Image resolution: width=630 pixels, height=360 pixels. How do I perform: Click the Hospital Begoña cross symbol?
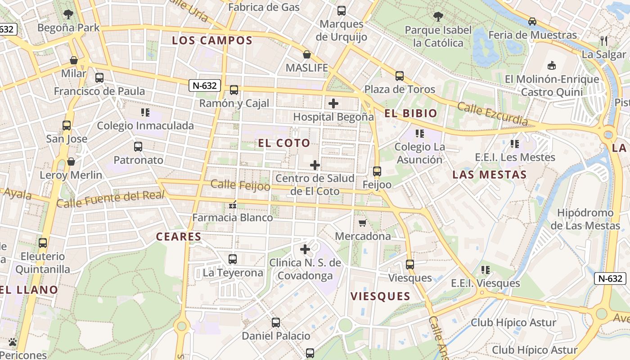click(x=333, y=104)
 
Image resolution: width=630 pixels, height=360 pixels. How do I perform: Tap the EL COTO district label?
click(x=284, y=143)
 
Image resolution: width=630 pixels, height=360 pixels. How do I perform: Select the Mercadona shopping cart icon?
click(x=363, y=223)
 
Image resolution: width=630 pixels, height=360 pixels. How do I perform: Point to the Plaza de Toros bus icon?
click(x=399, y=76)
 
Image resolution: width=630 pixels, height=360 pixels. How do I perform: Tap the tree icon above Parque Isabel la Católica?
click(x=438, y=17)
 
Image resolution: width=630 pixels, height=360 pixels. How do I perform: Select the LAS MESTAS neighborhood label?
click(x=489, y=175)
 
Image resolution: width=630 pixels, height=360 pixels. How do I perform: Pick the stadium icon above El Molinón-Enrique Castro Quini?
click(x=552, y=66)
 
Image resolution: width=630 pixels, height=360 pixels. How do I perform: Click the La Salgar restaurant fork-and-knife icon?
click(x=604, y=41)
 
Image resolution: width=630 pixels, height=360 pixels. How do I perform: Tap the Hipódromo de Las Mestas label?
click(x=585, y=219)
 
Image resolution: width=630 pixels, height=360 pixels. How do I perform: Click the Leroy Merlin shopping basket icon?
click(x=71, y=162)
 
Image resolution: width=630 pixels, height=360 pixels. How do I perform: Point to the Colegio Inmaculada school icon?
click(x=145, y=112)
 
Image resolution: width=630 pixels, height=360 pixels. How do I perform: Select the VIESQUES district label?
click(x=380, y=296)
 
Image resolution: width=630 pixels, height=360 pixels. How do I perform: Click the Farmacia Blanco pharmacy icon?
click(x=233, y=205)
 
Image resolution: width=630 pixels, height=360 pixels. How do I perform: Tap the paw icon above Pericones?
click(x=13, y=342)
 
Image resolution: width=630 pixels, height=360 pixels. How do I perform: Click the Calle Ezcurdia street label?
click(x=492, y=114)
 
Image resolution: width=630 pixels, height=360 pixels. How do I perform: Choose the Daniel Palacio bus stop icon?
click(x=276, y=323)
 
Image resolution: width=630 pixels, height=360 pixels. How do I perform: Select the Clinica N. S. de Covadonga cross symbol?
click(x=305, y=249)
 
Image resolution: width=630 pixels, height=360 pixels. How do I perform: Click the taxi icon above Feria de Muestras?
click(x=532, y=21)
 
